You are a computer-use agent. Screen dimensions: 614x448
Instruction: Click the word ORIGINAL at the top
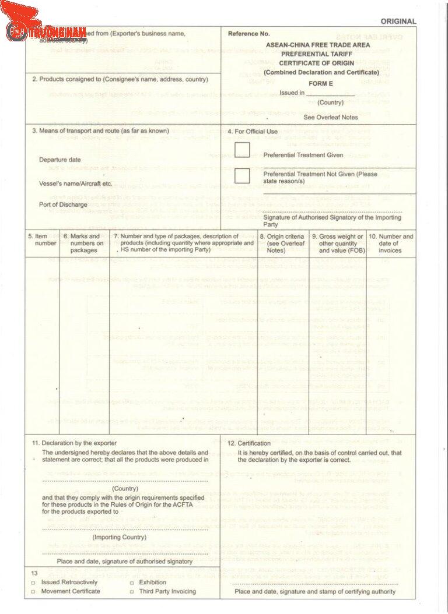pos(398,22)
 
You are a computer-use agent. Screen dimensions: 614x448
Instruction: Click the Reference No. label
pos(249,34)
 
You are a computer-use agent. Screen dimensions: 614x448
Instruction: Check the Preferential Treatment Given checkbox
pos(242,150)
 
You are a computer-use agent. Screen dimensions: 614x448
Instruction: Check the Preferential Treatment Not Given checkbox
pos(242,175)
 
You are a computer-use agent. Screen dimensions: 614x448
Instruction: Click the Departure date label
pos(60,160)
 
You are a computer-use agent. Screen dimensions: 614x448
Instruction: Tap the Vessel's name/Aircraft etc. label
pos(75,184)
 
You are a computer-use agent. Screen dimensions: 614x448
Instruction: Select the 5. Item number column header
pos(42,239)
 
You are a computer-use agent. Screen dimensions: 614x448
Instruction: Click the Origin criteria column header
pos(282,243)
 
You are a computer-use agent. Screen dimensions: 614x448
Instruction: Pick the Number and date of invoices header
pos(390,243)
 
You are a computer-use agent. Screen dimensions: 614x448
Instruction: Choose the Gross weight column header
pos(337,243)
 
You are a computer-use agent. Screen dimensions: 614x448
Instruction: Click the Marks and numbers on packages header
pos(83,243)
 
